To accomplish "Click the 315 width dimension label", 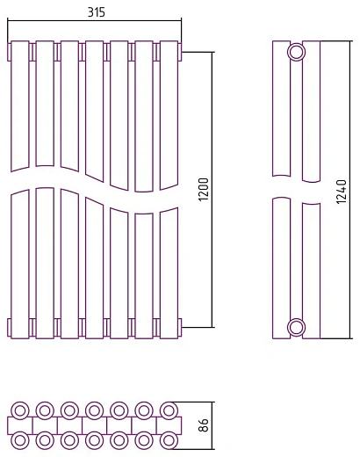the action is tap(96, 12).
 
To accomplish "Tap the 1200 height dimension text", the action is tap(204, 189).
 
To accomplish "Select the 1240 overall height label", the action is tap(341, 192).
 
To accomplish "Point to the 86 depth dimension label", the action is tap(204, 424).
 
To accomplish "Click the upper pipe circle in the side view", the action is tap(297, 52).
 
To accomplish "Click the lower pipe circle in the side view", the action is tap(297, 327).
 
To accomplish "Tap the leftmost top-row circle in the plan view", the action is tap(20, 410).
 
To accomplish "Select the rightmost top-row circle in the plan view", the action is tap(169, 410).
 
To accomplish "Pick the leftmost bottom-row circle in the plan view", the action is tap(20, 440).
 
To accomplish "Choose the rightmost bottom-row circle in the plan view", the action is tap(169, 440).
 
